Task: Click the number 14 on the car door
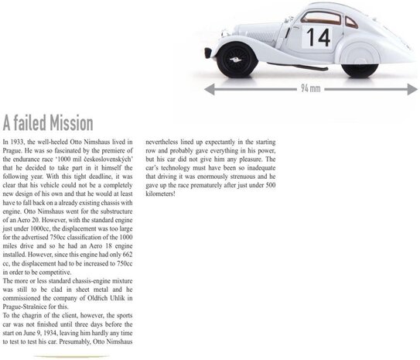(x=317, y=36)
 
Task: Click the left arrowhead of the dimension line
(x=208, y=89)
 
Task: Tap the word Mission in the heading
(x=65, y=123)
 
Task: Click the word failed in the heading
(x=26, y=123)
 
